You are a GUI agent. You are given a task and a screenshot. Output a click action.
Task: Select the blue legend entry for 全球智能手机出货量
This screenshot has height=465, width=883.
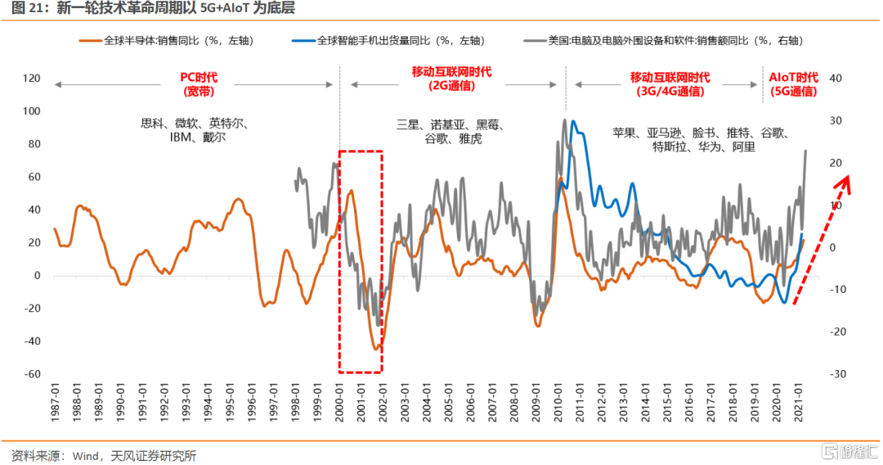[400, 39]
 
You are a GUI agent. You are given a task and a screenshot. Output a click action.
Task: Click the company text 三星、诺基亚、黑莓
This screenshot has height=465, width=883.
[451, 124]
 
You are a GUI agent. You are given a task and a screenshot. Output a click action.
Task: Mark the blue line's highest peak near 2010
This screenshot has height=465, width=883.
[573, 121]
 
